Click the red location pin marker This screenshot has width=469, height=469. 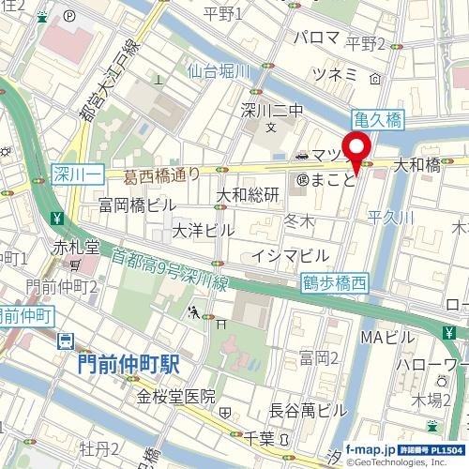click(x=356, y=151)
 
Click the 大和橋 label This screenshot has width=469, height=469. click(x=416, y=165)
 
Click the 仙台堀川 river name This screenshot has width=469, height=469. click(x=217, y=70)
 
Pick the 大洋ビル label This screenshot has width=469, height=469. click(x=204, y=230)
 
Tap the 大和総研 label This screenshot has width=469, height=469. click(x=249, y=195)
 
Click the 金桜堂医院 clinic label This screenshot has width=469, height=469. click(x=177, y=397)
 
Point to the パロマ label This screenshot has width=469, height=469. click(x=316, y=37)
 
